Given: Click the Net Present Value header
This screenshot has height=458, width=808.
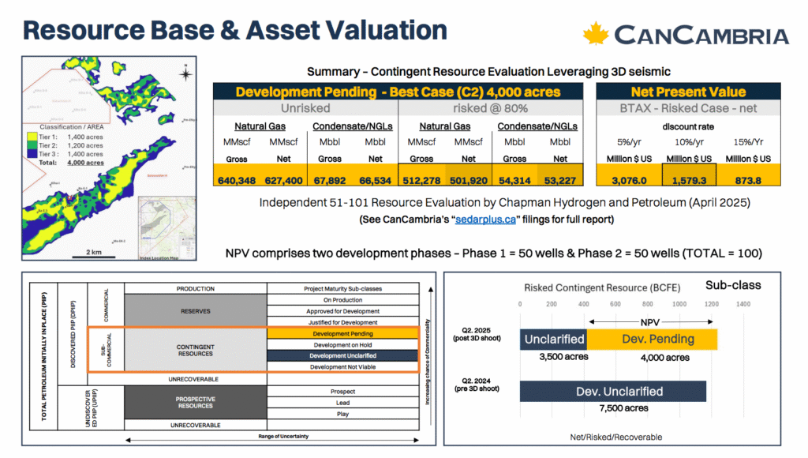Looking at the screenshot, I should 688,92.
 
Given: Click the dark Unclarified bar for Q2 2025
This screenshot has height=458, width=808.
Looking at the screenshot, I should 553,339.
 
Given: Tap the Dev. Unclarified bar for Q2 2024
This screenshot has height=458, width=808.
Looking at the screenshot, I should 613,391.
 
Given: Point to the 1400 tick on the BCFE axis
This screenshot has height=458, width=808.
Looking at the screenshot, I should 743,303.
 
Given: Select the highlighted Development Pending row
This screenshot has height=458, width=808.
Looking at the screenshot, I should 342,334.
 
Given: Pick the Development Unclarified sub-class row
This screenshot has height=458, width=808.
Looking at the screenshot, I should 342,356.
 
